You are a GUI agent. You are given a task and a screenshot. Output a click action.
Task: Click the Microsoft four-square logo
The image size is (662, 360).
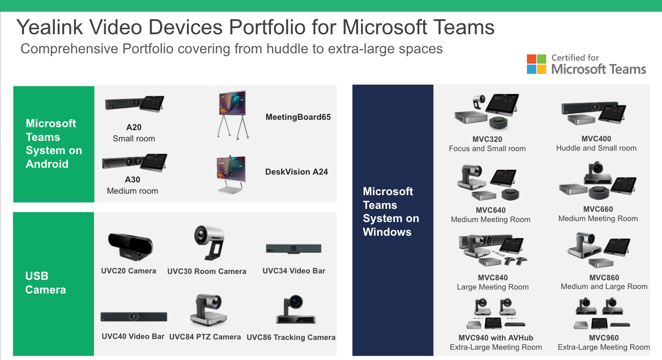pyautogui.click(x=536, y=64)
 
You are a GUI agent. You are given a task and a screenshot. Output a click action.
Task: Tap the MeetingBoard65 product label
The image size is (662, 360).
pyautogui.click(x=298, y=117)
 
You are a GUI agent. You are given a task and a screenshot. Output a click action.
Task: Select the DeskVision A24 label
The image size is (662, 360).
pyautogui.click(x=297, y=172)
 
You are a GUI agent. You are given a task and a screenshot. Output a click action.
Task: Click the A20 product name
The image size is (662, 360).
pyautogui.click(x=134, y=127)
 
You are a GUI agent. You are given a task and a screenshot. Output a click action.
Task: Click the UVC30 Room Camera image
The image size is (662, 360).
pyautogui.click(x=209, y=243)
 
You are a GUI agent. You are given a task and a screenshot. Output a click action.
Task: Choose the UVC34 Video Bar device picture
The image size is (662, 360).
pyautogui.click(x=294, y=248)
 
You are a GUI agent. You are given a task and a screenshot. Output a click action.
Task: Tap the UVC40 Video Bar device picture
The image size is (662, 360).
pyautogui.click(x=134, y=316)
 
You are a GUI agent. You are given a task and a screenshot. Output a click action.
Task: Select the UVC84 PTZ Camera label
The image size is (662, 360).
pyautogui.click(x=205, y=337)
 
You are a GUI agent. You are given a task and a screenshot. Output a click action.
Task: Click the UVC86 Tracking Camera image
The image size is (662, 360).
pyautogui.click(x=296, y=310)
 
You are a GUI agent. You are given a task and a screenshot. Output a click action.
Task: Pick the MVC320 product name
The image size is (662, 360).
pyautogui.click(x=487, y=139)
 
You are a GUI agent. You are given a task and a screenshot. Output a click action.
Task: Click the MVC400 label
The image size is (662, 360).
pyautogui.click(x=596, y=138)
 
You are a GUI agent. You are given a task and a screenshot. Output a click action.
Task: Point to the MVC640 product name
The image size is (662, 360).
pyautogui.click(x=491, y=210)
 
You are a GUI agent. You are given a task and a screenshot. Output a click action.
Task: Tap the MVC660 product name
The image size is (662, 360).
pyautogui.click(x=598, y=209)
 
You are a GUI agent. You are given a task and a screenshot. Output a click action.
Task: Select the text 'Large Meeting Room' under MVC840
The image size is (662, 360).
pyautogui.click(x=493, y=287)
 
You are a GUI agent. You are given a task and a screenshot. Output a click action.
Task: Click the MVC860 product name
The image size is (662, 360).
pyautogui.click(x=604, y=278)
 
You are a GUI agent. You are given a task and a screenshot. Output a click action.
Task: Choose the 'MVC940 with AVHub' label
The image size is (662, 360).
pyautogui.click(x=496, y=337)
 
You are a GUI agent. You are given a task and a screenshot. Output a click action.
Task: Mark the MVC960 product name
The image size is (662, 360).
pyautogui.click(x=603, y=337)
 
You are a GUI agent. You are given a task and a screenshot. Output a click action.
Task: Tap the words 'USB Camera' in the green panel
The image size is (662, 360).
pyautogui.click(x=46, y=283)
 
